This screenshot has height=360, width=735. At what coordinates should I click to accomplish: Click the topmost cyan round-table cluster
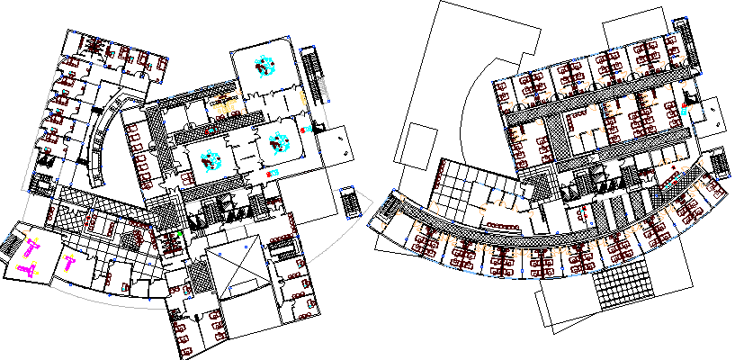point(264,66)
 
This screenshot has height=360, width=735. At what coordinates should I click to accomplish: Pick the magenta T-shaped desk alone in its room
point(69,263)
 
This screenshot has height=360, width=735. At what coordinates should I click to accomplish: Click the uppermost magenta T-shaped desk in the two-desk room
point(32,248)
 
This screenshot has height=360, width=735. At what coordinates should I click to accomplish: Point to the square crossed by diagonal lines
point(235,271)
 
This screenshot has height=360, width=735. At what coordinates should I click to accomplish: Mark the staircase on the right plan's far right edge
point(719,166)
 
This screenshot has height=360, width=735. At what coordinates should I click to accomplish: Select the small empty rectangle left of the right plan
point(417,143)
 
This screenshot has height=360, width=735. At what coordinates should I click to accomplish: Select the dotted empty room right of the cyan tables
point(336,146)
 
